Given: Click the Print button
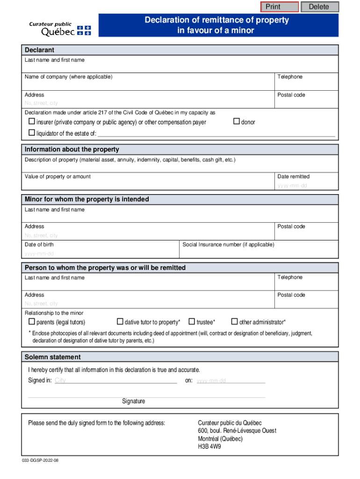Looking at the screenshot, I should click(279, 7).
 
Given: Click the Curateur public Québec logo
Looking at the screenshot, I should click(60, 29).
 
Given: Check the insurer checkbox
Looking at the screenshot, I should click(32, 122).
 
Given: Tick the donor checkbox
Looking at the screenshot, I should click(236, 122).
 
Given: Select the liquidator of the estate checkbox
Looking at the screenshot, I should click(32, 133).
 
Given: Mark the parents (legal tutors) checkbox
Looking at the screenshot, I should click(32, 322).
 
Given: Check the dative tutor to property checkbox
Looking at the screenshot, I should click(120, 322).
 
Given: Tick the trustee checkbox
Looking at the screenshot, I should click(192, 322).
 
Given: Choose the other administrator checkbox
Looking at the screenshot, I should click(235, 322).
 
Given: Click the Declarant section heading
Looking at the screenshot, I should click(39, 50).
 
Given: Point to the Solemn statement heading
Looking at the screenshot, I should click(52, 357).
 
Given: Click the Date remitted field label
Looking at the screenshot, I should click(293, 177).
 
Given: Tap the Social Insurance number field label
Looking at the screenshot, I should click(228, 245).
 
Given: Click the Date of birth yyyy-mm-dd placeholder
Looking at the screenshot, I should click(39, 254).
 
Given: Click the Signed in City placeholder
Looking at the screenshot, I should click(60, 380).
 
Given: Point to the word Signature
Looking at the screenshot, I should click(134, 401).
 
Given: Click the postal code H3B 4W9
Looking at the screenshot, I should click(209, 447).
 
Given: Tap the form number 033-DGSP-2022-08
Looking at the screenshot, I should click(40, 460).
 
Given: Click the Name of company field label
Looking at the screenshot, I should click(68, 77).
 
